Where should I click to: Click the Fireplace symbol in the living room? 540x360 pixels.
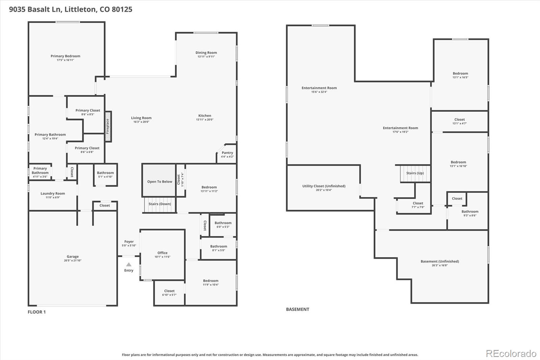coord(108,126)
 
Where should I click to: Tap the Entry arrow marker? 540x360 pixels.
coord(129,264)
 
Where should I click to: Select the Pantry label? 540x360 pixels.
coord(227,153)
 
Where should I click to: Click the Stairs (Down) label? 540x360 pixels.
coord(160,204)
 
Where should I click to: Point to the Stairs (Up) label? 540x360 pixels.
coord(415,173)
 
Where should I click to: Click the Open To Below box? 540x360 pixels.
coord(159,181)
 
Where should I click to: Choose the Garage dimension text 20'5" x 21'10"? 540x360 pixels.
coord(73,260)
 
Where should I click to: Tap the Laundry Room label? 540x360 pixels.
coord(53,194)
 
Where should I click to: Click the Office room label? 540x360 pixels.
coord(162,253)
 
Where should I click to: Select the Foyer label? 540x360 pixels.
coord(129,241)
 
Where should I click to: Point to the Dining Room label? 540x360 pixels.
coord(206,53)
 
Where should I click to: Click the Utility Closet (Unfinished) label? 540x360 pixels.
coord(324,186)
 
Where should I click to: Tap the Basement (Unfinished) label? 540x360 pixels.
coord(439,261)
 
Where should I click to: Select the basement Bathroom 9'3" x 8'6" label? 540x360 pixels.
coord(470,212)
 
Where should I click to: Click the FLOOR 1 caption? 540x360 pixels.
coord(36,312)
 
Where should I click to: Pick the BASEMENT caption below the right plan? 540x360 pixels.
coord(297,309)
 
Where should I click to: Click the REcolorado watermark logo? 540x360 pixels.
coord(511,354)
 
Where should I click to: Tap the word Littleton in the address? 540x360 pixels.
coord(80,9)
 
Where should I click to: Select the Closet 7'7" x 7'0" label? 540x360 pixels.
coord(418,203)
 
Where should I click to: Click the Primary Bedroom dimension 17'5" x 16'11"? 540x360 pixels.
coord(65,60)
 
